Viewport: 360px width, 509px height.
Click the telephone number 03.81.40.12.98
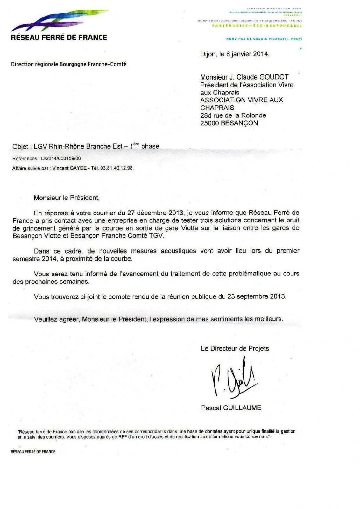[116, 168]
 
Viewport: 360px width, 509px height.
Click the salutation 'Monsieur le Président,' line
[67, 198]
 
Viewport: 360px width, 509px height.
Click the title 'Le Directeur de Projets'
[235, 348]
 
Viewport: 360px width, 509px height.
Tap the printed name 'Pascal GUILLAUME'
[231, 408]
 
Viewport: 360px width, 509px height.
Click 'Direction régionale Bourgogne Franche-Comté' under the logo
[69, 64]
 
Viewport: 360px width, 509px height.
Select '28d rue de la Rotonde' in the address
[233, 115]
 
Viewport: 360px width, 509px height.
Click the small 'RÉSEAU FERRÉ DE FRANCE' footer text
[33, 452]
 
